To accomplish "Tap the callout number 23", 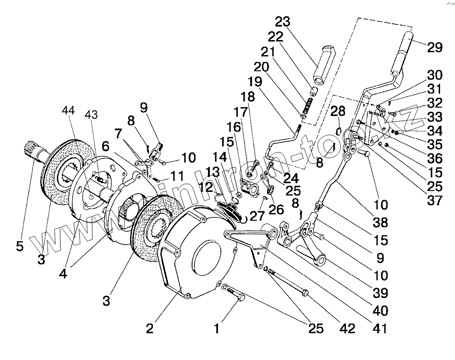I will coord(283,22).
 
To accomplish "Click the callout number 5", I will coord(19,245).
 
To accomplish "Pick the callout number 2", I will coord(149,328).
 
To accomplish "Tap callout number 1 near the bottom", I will coord(216,328).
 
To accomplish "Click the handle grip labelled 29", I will coord(402,51).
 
